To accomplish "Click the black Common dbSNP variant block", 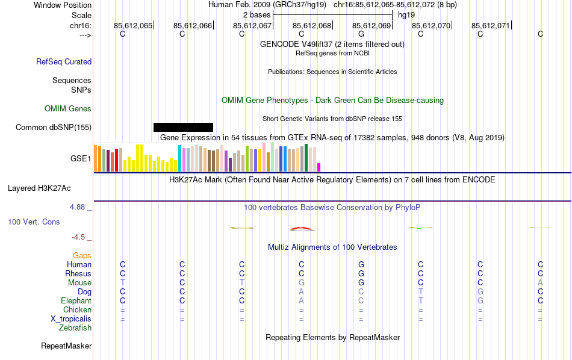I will click(183, 127).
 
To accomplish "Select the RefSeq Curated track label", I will click(64, 61).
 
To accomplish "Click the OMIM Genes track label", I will click(68, 109).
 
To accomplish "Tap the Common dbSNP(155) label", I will click(54, 127).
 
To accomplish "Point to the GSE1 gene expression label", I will click(81, 159).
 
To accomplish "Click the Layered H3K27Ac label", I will click(49, 188).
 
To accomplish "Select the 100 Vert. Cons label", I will click(34, 222).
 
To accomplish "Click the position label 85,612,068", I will click(312, 25).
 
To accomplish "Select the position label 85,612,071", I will click(491, 25).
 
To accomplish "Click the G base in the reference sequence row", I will click(361, 34).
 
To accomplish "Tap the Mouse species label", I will click(79, 283).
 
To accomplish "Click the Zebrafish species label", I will click(75, 328).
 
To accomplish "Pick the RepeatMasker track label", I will click(66, 346).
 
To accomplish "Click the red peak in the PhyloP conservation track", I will click(301, 229).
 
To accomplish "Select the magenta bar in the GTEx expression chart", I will click(319, 167).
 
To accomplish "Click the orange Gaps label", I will click(82, 256).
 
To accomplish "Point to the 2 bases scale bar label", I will click(253, 14).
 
